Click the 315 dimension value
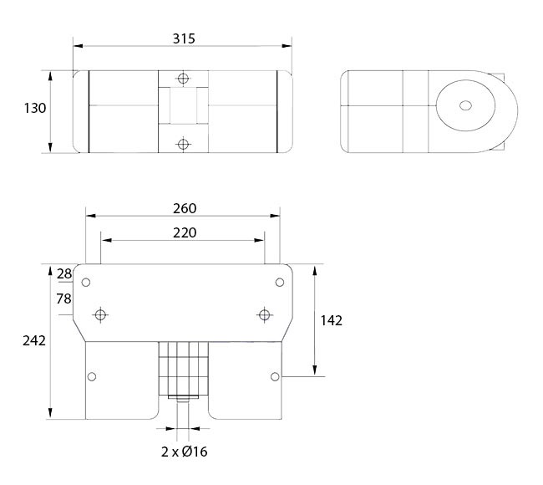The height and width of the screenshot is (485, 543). [x=184, y=38]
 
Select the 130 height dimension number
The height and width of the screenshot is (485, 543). [x=35, y=108]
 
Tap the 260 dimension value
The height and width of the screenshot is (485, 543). [x=185, y=208]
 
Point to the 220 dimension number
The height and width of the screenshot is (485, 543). [x=185, y=232]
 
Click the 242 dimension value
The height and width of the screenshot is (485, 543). [x=34, y=341]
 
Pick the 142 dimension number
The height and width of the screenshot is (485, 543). [x=332, y=320]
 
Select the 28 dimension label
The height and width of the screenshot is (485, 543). [x=64, y=274]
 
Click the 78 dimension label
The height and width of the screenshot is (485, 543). [x=64, y=299]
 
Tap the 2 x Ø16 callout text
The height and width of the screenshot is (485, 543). [x=185, y=452]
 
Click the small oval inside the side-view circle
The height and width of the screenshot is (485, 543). [x=465, y=105]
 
